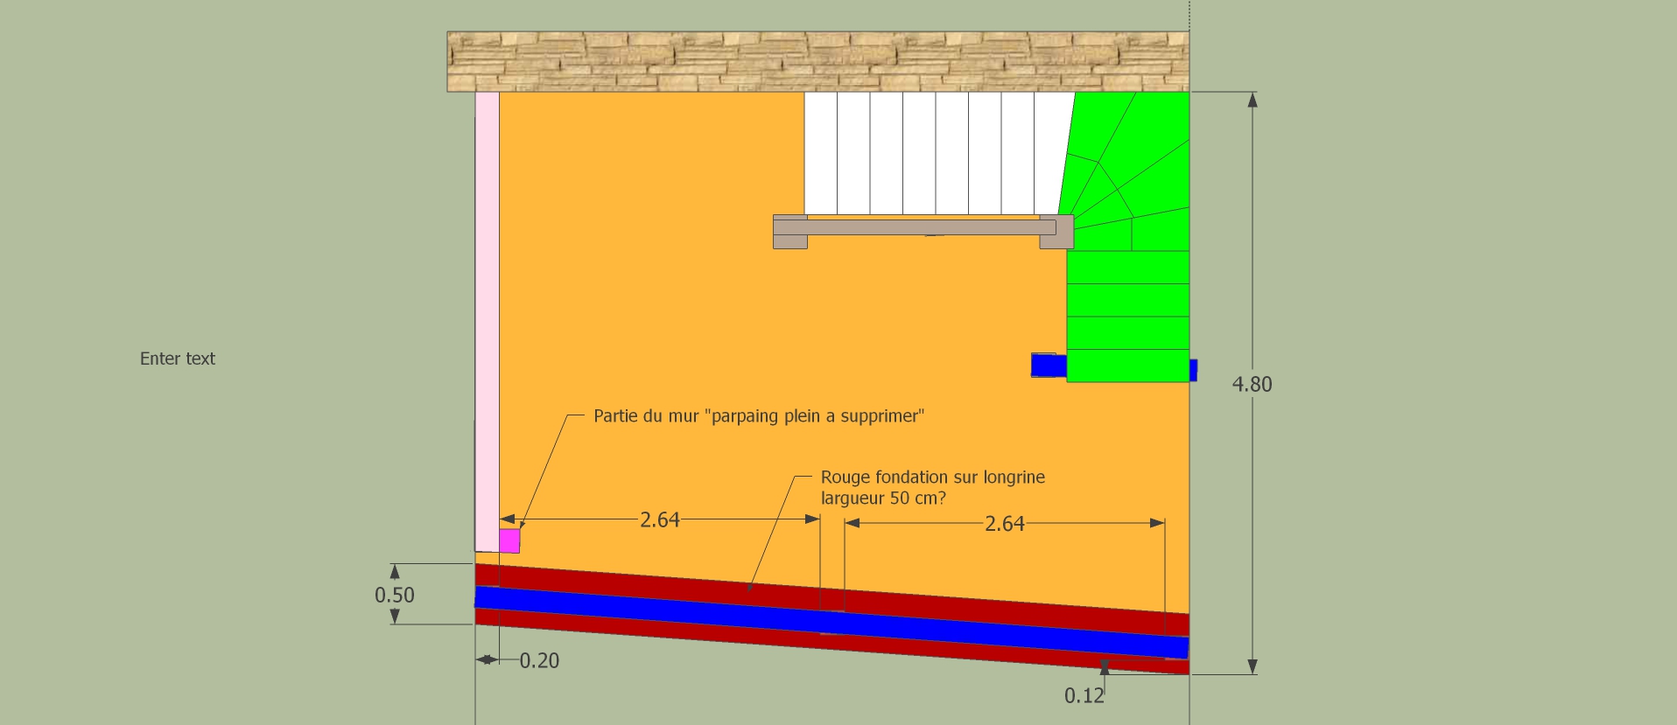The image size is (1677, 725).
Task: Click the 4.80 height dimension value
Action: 1252,384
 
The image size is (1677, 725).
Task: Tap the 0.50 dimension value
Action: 394,595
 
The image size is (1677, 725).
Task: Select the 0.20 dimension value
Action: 539,660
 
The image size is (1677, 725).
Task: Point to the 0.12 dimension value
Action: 1084,695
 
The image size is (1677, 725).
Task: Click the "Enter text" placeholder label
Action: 178,359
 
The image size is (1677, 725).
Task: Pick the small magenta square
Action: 509,540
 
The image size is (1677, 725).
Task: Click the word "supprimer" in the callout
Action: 882,415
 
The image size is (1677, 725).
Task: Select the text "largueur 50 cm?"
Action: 883,498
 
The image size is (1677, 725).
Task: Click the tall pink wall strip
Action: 487,315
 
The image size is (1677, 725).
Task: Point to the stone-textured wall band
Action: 817,61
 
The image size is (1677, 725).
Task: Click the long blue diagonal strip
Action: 831,622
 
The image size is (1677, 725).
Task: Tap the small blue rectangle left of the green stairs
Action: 1048,365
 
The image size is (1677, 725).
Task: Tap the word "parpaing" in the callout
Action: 745,415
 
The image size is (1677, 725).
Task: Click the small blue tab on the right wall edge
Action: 1193,370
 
